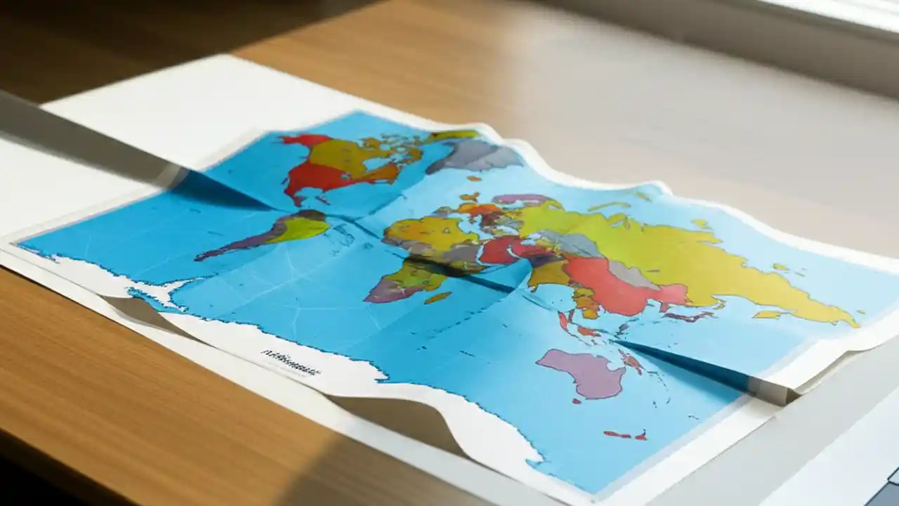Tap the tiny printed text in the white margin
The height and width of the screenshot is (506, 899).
click(x=290, y=362)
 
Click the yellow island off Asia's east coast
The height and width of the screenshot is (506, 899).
click(x=768, y=314)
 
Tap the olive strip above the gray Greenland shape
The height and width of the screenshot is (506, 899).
click(x=453, y=136)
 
